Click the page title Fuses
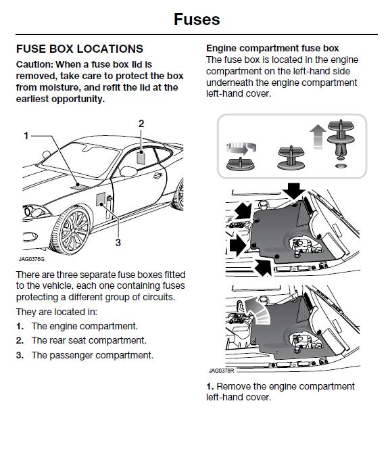(x=197, y=20)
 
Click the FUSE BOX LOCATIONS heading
(x=80, y=49)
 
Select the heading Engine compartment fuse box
(x=272, y=48)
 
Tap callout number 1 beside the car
(x=26, y=136)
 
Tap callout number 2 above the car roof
(x=141, y=124)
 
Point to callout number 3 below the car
(x=118, y=242)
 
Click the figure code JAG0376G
(x=32, y=259)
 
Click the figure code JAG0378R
(x=222, y=371)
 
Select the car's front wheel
(x=71, y=229)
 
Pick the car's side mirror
(x=128, y=172)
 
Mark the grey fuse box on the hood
(x=80, y=186)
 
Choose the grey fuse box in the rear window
(x=141, y=158)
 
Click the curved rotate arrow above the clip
(x=241, y=147)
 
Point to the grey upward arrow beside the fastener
(x=318, y=136)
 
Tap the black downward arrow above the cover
(x=294, y=191)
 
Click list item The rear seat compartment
(x=89, y=341)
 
